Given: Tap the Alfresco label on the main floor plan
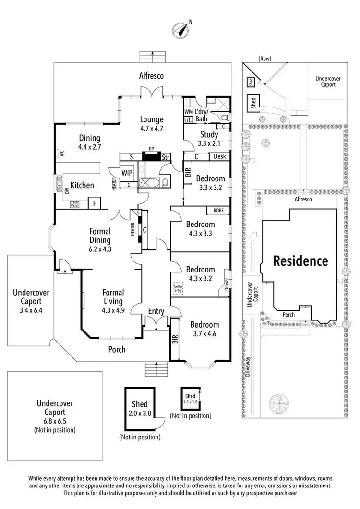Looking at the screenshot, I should [152, 76].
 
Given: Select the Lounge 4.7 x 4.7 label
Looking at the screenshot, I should [152, 124].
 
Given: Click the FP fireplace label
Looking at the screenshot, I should [151, 149].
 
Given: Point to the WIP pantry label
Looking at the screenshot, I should [127, 172].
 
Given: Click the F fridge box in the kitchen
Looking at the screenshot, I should [95, 203].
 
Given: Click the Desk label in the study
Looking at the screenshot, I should [220, 156].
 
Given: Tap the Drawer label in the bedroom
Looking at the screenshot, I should [226, 280].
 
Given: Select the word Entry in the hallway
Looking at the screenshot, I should [156, 311].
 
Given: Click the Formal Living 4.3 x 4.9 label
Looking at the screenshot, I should [113, 297].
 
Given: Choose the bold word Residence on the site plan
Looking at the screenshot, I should [301, 261].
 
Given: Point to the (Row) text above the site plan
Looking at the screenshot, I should [264, 59].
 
